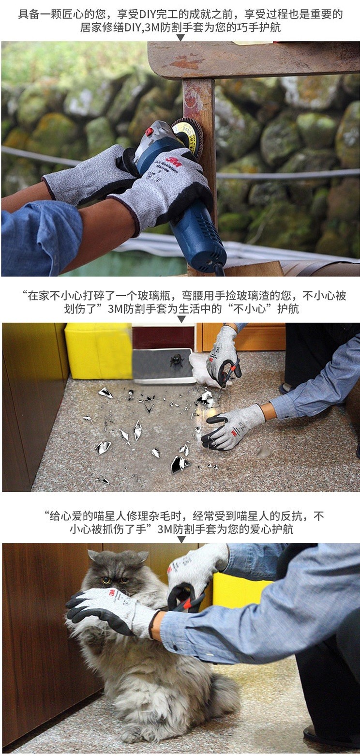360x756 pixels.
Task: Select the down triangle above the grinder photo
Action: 180,37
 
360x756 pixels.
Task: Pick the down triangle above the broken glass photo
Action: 181,319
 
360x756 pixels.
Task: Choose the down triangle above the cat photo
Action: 181,540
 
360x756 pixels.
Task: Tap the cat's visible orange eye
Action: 106,580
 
